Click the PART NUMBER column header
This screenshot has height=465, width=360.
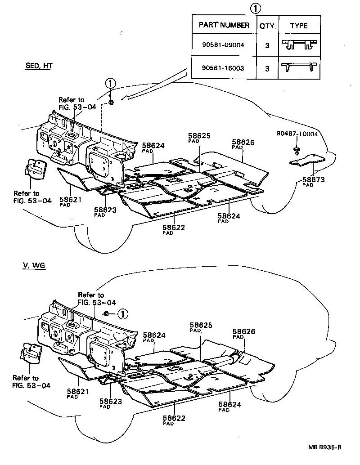(x=224, y=25)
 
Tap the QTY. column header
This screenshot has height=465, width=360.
(x=267, y=25)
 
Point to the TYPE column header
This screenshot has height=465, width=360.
(x=299, y=25)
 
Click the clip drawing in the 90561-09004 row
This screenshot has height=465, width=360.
(x=298, y=45)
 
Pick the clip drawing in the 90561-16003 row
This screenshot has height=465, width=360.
(x=298, y=67)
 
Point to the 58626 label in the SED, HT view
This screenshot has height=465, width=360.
(x=243, y=142)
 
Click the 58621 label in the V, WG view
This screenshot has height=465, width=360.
(x=78, y=392)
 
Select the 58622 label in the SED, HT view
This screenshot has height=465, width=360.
(x=174, y=228)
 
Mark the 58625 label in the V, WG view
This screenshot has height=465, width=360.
(x=200, y=325)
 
